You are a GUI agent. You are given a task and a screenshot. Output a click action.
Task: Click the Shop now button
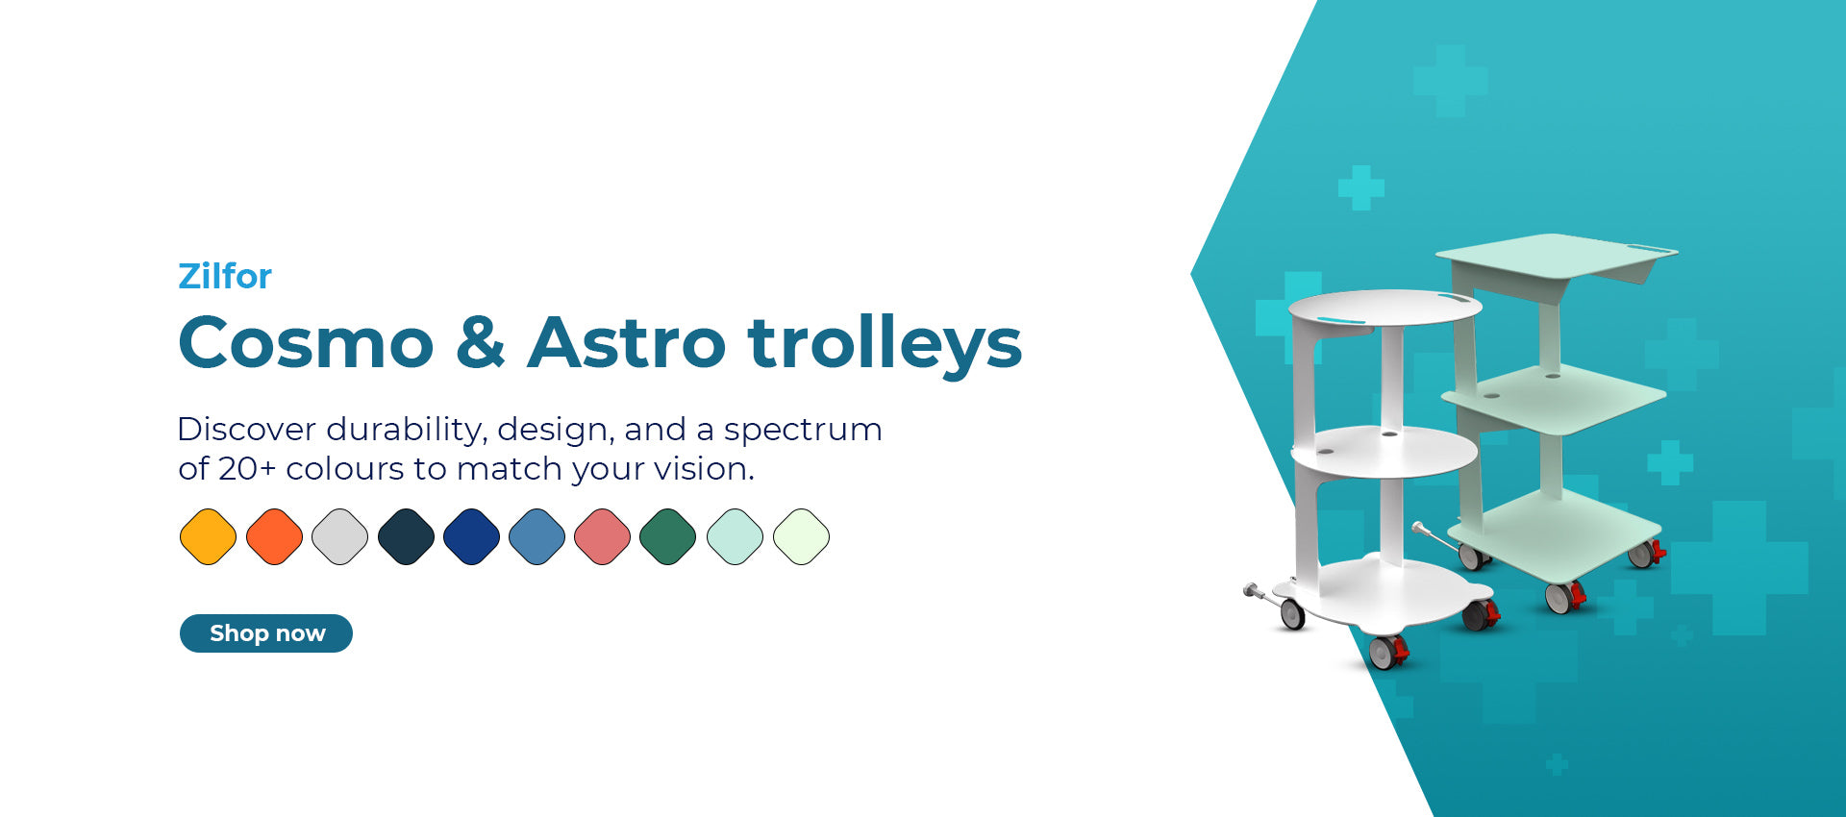point(266,633)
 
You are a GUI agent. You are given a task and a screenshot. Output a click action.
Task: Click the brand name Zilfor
point(225,277)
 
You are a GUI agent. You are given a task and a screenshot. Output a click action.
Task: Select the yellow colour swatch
point(208,536)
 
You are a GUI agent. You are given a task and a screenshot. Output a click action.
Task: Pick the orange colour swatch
point(274,536)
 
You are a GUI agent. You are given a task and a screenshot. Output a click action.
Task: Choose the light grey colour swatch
point(340,536)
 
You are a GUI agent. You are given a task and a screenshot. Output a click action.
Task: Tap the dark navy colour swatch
point(406,536)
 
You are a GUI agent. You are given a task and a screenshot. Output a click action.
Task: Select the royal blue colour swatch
point(472,536)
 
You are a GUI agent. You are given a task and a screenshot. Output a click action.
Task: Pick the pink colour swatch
point(603,536)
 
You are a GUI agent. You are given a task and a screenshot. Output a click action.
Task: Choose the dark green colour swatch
point(668,536)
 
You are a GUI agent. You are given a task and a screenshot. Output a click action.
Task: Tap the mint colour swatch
point(735,536)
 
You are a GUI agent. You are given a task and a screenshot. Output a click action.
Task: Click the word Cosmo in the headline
point(307,343)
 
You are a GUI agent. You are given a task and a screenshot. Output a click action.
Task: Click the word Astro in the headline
point(627,343)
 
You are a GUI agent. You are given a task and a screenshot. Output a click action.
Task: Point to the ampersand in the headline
point(481,343)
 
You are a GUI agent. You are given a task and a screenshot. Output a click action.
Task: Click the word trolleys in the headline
point(885,344)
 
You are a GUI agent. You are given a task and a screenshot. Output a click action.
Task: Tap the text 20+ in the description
point(247,469)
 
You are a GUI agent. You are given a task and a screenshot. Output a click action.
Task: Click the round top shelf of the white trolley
point(1384,309)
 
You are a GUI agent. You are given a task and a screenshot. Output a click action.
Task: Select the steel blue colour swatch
point(537,536)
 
